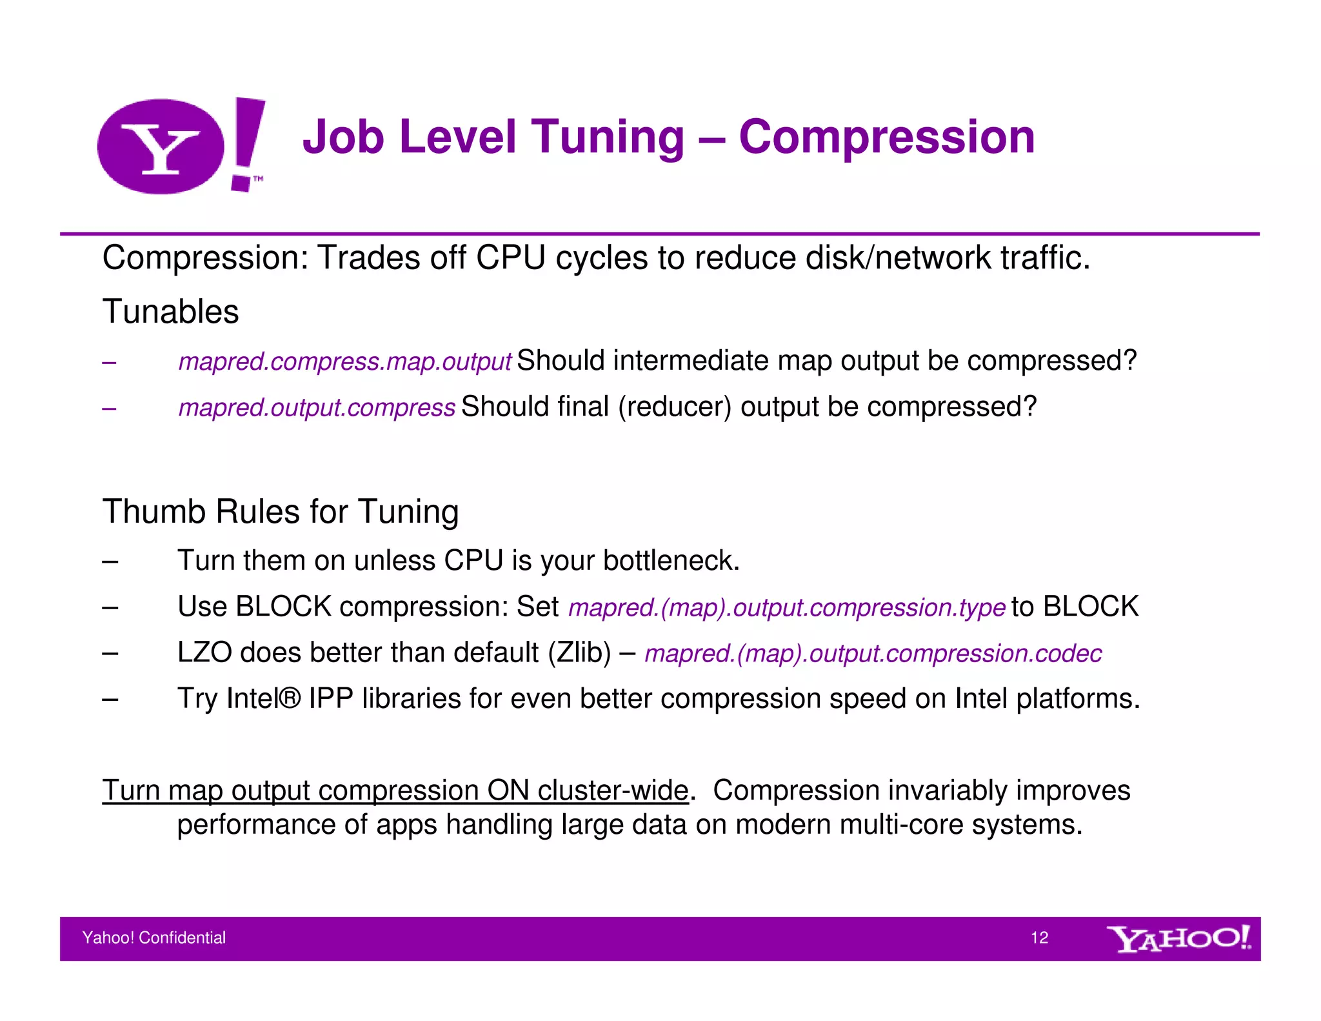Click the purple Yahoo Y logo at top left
[161, 147]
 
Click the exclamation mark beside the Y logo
[248, 143]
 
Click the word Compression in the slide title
[886, 137]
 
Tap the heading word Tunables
[170, 312]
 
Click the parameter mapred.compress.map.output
[344, 361]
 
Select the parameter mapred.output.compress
[317, 408]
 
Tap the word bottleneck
[671, 560]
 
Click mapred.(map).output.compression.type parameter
[786, 607]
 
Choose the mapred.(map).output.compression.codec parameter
[873, 654]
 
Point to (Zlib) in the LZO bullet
[579, 652]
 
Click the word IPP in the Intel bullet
[331, 698]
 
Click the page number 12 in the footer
[1039, 938]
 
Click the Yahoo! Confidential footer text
[154, 938]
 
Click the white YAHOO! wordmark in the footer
[1178, 938]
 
